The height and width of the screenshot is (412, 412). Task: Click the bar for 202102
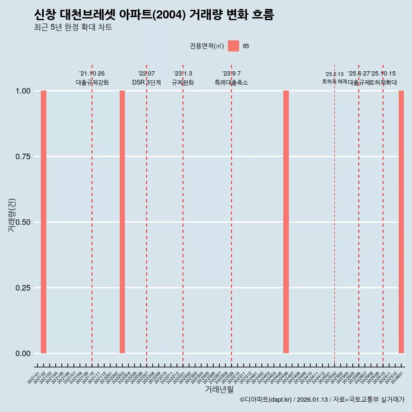(43, 222)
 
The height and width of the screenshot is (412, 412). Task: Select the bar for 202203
(122, 222)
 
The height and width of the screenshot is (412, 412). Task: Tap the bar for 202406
(286, 222)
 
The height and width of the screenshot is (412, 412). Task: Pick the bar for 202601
(401, 222)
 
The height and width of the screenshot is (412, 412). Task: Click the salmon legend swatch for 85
(233, 46)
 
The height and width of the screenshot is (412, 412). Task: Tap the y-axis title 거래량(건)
(12, 215)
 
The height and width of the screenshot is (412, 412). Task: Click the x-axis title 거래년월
(219, 389)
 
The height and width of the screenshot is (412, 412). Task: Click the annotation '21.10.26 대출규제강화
(92, 78)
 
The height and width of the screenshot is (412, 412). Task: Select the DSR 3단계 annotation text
(146, 82)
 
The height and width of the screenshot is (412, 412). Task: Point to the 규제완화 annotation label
(183, 82)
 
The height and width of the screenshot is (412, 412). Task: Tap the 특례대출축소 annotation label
(231, 82)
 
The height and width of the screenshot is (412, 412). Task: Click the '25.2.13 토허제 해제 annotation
(334, 78)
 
